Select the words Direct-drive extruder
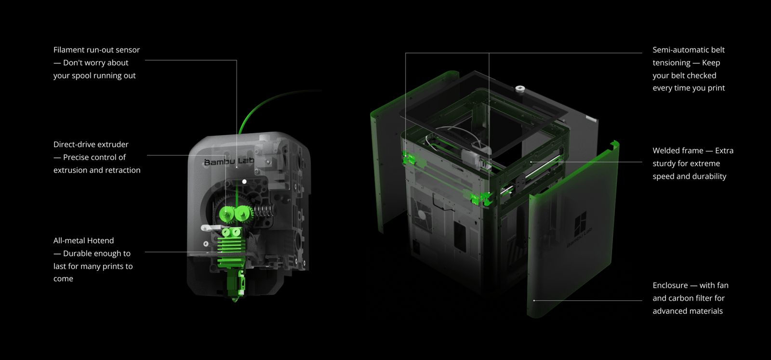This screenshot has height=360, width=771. tap(91, 145)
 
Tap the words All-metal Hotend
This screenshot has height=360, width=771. tap(83, 240)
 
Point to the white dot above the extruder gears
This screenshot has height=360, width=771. tap(244, 182)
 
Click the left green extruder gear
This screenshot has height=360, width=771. tap(226, 214)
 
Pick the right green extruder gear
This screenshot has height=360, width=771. tap(243, 213)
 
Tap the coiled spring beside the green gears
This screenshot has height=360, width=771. tap(264, 211)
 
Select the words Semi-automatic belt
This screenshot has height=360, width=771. tap(688, 50)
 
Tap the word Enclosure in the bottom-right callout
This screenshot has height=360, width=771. tap(670, 285)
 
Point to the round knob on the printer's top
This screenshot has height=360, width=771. tap(520, 89)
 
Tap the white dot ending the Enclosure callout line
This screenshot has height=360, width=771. tap(534, 301)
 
